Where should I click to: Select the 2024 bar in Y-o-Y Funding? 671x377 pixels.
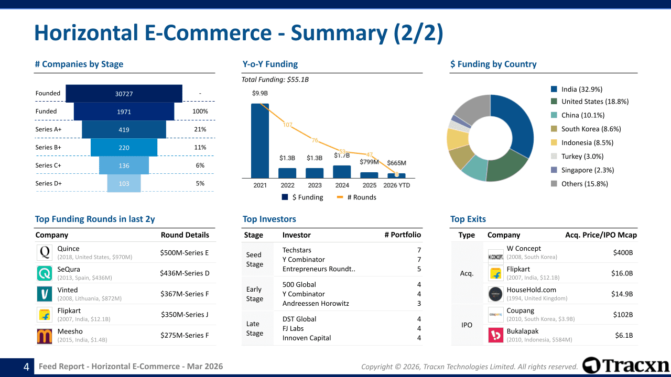(x=342, y=172)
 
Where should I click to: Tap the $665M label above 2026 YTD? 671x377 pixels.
(x=396, y=163)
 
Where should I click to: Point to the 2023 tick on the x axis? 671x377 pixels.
(x=315, y=185)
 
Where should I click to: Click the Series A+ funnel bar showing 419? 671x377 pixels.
(x=124, y=129)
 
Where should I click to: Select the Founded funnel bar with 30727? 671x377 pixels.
(x=124, y=94)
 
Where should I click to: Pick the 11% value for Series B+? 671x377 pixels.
(x=200, y=148)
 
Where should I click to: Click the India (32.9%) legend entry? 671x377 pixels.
(x=581, y=90)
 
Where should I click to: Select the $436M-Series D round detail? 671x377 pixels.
(x=185, y=273)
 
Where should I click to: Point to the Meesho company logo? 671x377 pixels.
(x=45, y=336)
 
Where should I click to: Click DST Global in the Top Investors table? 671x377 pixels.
(x=300, y=319)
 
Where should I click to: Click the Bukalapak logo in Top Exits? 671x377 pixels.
(x=496, y=335)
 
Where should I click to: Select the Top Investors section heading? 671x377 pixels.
(x=269, y=219)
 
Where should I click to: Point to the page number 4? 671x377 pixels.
(x=26, y=367)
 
